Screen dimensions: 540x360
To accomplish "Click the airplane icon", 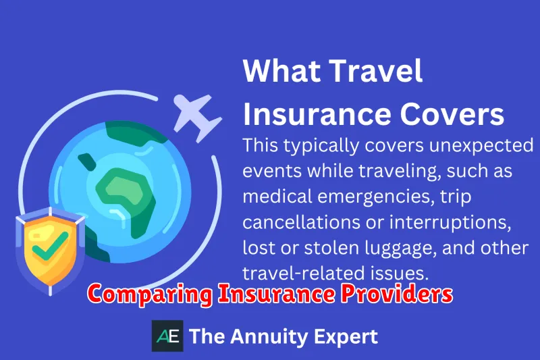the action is (195, 117).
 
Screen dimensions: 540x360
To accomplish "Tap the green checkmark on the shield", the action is (50, 245).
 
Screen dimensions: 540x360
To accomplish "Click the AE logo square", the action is (167, 336).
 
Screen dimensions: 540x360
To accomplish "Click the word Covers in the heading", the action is (452, 114).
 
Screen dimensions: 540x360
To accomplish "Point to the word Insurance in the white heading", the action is (317, 114).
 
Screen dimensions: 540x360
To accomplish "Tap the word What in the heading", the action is (281, 71).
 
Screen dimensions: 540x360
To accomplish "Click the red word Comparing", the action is (150, 294).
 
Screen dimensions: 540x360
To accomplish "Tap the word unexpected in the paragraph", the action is (481, 146).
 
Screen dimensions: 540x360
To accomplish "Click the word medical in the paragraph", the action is (277, 197).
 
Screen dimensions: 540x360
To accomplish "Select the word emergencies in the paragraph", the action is (374, 197).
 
